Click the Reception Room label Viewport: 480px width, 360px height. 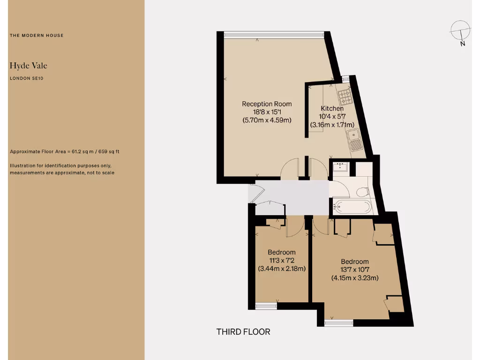[x=267, y=104]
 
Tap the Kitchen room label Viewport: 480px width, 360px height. [x=332, y=109]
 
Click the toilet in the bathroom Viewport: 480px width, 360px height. [x=362, y=192]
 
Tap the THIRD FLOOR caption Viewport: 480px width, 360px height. [x=243, y=332]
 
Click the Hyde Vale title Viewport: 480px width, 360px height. [x=28, y=66]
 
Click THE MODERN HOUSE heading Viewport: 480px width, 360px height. [x=37, y=36]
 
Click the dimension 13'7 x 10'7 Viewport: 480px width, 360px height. [x=354, y=270]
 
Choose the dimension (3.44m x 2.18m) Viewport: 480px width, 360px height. [x=282, y=269]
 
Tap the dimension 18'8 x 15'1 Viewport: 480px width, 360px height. [x=267, y=112]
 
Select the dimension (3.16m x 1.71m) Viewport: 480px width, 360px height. [x=332, y=125]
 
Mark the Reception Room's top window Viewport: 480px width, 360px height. [x=274, y=34]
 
